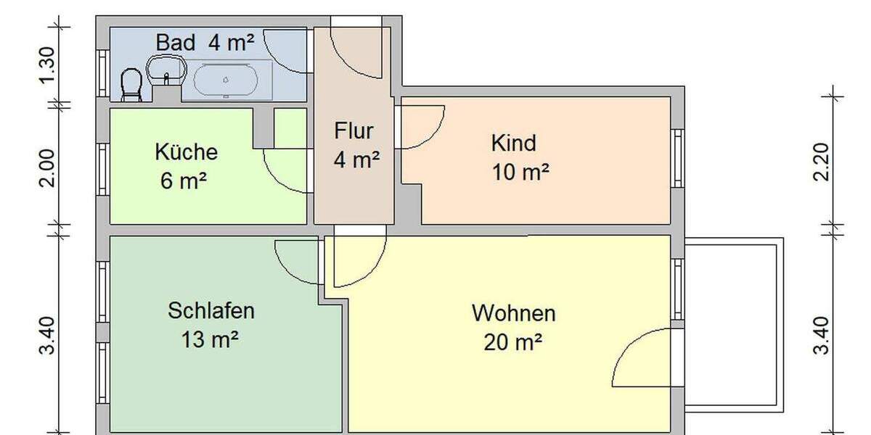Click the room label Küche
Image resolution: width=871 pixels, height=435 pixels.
click(186, 153)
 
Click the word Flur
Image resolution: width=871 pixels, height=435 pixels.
click(353, 131)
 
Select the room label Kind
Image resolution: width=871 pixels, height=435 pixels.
click(514, 143)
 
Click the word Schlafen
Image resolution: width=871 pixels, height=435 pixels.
click(211, 311)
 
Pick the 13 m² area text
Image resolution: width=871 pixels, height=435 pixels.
click(210, 339)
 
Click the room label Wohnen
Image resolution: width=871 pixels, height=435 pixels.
click(514, 313)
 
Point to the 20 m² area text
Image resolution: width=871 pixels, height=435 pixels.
click(514, 341)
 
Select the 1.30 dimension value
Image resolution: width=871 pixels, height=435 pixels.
click(47, 65)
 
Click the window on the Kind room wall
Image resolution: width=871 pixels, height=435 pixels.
click(678, 159)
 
